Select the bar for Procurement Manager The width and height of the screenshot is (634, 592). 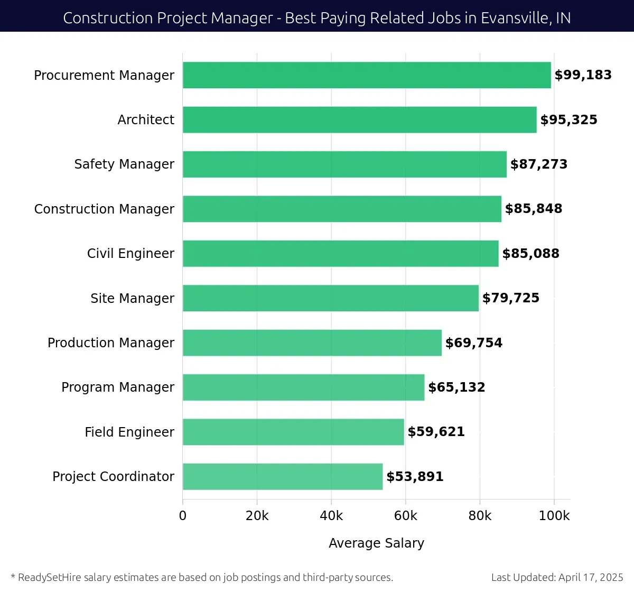[367, 75]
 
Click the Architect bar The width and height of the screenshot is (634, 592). [359, 119]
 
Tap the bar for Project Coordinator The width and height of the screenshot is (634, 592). [283, 477]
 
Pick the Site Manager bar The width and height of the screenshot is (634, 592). [331, 298]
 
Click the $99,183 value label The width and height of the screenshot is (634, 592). [583, 75]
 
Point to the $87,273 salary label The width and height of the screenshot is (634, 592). [538, 164]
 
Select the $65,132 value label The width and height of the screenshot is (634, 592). [456, 387]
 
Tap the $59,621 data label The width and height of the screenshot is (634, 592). [436, 432]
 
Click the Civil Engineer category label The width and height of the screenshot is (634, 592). [130, 254]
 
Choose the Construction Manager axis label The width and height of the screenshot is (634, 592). [104, 209]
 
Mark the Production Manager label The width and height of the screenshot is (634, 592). [111, 343]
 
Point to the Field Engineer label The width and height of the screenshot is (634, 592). [129, 432]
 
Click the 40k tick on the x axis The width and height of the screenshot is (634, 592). [331, 516]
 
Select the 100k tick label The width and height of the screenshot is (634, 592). [554, 516]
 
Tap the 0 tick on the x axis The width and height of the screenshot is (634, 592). [183, 516]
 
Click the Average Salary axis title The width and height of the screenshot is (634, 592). [376, 543]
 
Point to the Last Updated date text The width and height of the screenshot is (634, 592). [557, 577]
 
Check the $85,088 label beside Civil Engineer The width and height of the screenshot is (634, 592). [530, 254]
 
